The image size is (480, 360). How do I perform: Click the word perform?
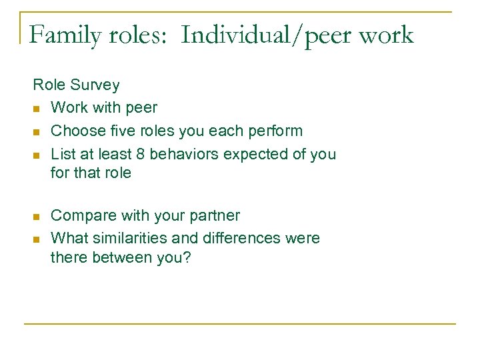click(277, 131)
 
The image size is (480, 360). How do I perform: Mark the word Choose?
click(75, 131)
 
